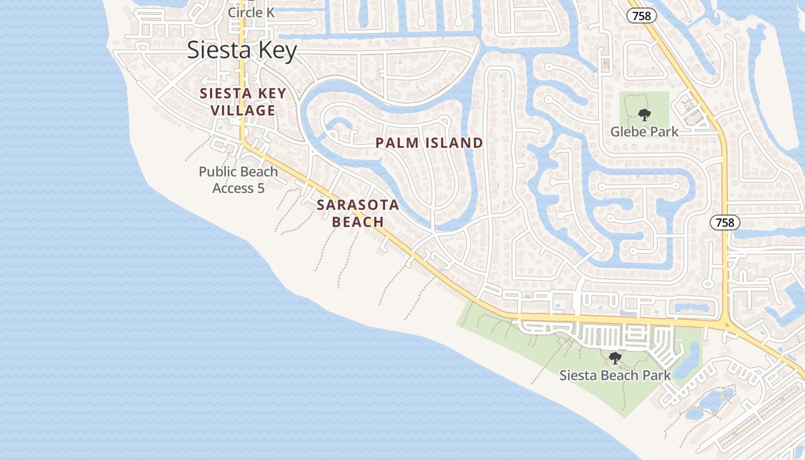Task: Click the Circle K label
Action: click(x=251, y=12)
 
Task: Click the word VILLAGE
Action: click(x=242, y=110)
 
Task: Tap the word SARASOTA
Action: click(x=358, y=205)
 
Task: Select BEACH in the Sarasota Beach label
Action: click(x=358, y=221)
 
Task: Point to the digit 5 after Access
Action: click(x=261, y=188)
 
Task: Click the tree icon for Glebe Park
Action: click(x=644, y=114)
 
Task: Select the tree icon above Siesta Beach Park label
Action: click(x=615, y=358)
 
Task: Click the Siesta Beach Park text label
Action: click(x=615, y=375)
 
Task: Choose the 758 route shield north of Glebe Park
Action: click(x=641, y=16)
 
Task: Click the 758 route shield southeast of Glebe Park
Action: click(x=724, y=223)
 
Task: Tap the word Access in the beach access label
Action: click(x=233, y=188)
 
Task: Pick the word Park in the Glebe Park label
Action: click(x=665, y=132)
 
